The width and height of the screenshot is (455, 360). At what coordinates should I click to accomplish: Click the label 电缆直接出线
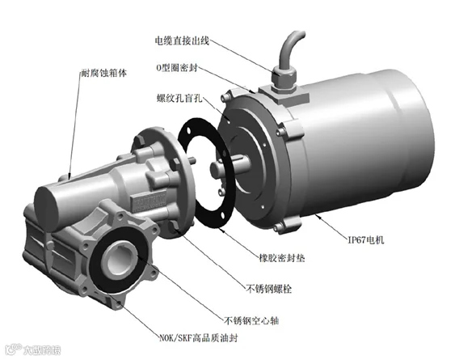pos(182,40)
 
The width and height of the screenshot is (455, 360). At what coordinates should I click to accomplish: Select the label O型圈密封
pos(177,68)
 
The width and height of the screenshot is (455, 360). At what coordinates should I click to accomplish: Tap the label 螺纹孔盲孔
pos(179,98)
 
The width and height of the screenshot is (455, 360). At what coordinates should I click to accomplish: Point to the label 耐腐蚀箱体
pos(103,73)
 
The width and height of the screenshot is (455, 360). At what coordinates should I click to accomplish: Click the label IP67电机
pos(365,240)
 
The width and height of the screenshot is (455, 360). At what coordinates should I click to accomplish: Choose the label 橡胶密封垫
pos(282,258)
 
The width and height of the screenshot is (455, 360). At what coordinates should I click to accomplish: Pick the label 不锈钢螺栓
pos(268,289)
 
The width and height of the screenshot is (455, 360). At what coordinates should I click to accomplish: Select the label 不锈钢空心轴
pos(251,320)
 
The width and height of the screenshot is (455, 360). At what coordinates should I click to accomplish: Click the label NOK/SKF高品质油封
pos(199,338)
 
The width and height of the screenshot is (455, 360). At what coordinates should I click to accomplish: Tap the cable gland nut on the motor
pos(284,76)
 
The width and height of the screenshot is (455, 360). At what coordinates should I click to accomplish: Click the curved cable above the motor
pos(290,48)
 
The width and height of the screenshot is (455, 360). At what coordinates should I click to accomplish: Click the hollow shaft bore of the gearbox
pos(119,260)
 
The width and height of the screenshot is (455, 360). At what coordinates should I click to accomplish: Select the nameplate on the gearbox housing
pos(148,200)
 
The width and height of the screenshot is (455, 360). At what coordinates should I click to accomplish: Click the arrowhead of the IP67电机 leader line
pos(317,215)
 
